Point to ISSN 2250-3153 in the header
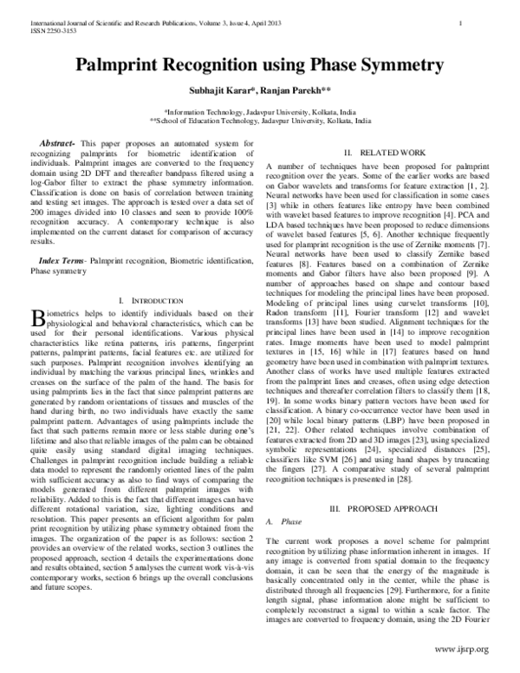point(31,28)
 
